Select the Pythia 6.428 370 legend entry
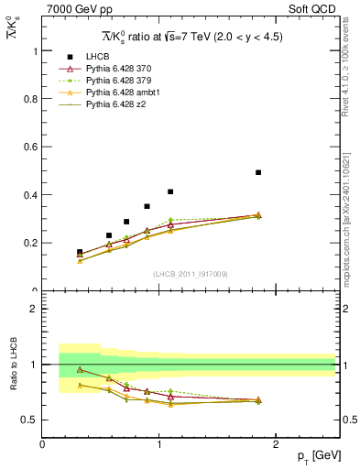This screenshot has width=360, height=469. point(119,69)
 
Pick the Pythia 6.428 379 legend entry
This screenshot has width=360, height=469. point(119,81)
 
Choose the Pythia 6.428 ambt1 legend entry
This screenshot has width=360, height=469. point(122,93)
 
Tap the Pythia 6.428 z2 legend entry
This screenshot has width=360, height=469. point(117,104)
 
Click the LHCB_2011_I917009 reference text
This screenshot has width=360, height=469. point(190,274)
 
